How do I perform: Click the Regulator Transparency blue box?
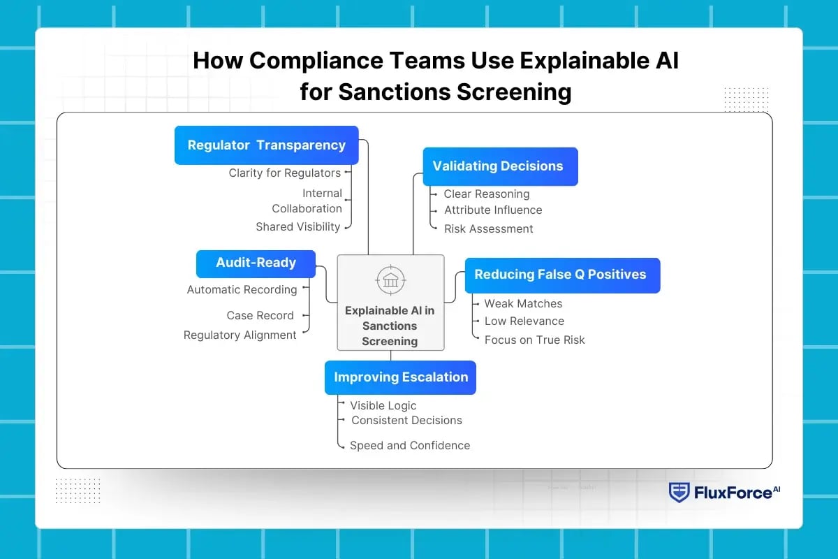click(266, 145)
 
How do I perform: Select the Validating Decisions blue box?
click(500, 166)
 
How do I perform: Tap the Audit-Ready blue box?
click(256, 263)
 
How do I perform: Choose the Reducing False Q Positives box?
click(562, 275)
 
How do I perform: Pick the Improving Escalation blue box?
click(400, 377)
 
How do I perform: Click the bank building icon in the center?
click(390, 280)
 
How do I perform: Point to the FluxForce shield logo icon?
click(678, 493)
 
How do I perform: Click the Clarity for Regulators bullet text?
click(285, 173)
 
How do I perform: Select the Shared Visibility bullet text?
click(298, 226)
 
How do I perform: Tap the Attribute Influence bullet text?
click(493, 210)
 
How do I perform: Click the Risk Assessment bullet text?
click(489, 228)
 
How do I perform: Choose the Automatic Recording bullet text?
click(242, 289)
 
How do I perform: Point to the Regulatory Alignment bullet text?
click(240, 335)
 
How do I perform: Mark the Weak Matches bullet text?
click(523, 303)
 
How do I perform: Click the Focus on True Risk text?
click(535, 340)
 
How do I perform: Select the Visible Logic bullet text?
click(383, 405)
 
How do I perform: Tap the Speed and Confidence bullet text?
click(410, 445)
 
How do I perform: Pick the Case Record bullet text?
click(260, 315)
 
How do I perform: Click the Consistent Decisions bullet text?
click(406, 420)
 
